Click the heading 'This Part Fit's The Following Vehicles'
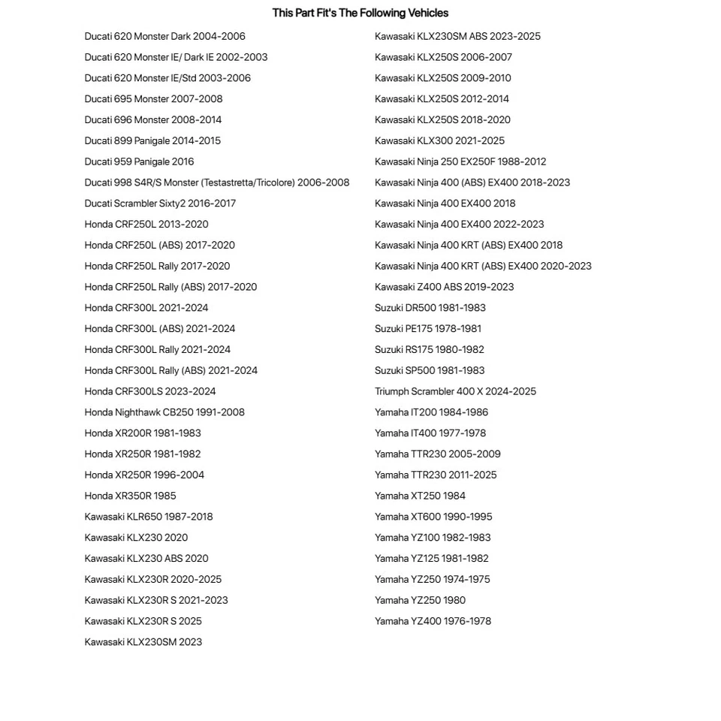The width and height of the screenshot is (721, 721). click(360, 13)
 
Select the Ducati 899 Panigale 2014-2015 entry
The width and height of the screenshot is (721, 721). click(152, 140)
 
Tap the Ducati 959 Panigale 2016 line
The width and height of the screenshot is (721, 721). click(139, 161)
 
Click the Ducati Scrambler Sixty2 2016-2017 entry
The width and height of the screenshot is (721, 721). click(160, 204)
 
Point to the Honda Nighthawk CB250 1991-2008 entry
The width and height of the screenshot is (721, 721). click(164, 412)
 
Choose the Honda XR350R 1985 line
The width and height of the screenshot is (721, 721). click(130, 496)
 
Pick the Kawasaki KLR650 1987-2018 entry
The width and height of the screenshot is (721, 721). click(149, 517)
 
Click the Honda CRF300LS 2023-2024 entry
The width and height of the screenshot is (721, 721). click(150, 391)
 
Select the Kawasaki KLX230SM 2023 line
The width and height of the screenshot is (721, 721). click(143, 642)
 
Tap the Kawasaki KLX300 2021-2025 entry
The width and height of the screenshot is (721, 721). click(439, 140)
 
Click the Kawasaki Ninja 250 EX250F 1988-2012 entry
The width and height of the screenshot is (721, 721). click(460, 161)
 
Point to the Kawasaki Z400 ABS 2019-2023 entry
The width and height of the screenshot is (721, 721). click(444, 287)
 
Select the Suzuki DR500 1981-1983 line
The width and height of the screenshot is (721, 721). click(430, 308)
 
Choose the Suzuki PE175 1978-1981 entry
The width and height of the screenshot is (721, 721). click(428, 329)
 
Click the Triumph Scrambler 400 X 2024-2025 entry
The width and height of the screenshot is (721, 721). click(455, 391)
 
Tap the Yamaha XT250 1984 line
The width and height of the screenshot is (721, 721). click(420, 496)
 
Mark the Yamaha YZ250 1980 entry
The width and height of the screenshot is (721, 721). click(420, 600)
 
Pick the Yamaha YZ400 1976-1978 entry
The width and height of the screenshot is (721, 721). click(433, 621)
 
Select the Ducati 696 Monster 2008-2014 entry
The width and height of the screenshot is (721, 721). click(153, 119)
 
